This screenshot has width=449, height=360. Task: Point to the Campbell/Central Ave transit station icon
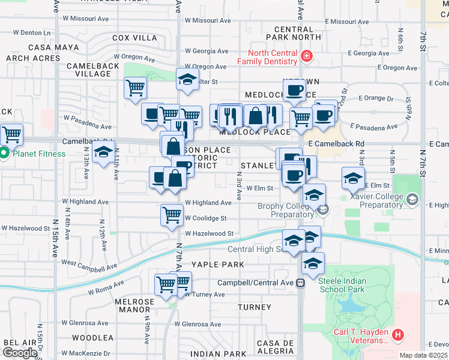300,283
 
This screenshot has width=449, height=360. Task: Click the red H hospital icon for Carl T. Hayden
397,334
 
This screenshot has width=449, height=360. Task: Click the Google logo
19,353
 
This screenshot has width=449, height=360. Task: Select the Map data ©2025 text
423,355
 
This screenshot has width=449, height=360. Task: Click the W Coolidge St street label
205,218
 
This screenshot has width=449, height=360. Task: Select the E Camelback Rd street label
336,144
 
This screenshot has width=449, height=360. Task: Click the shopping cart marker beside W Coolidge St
172,215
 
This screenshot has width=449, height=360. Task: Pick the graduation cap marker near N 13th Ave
104,152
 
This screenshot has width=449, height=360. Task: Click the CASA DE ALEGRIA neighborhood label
274,347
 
